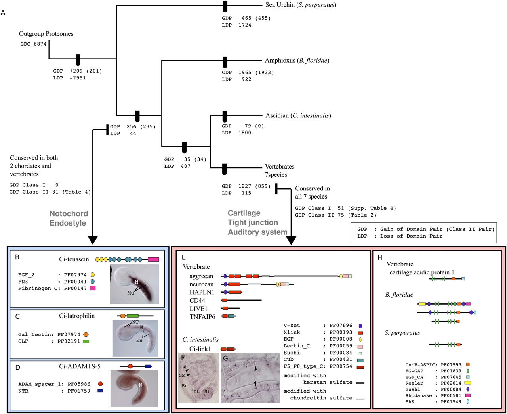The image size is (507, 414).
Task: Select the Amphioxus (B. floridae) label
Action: tap(297, 61)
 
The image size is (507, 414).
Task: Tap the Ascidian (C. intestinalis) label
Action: tap(298, 116)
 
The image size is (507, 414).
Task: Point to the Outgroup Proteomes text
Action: tap(46, 34)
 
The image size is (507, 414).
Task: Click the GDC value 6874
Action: tap(40, 44)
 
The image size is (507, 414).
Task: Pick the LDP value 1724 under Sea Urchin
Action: tap(245, 25)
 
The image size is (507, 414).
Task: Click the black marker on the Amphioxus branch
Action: tap(225, 61)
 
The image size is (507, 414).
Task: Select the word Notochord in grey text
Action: tap(69, 213)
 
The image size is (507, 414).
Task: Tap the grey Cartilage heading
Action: tap(244, 213)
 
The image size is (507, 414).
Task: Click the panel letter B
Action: tap(17, 257)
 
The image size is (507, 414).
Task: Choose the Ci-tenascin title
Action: tap(74, 259)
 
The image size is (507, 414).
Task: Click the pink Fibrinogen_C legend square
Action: tap(93, 288)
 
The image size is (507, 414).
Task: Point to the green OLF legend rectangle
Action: tap(86, 341)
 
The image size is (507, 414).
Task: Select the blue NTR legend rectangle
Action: tap(101, 391)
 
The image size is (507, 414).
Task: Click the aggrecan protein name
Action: tap(201, 276)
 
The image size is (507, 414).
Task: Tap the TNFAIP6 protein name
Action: tap(202, 316)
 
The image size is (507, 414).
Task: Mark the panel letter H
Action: tap(380, 258)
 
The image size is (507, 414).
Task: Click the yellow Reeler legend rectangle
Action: tap(468, 383)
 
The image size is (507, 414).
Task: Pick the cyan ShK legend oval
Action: tap(468, 402)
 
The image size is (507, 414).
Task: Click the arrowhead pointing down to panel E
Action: tap(291, 240)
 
